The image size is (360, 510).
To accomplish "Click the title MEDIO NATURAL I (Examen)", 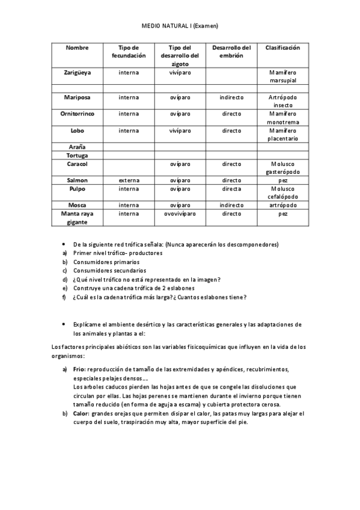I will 180,26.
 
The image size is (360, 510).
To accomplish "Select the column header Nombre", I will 77,48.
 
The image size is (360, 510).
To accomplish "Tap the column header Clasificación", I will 282,48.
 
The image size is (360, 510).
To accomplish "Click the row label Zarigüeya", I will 78,72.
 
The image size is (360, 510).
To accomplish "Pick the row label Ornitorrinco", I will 78,113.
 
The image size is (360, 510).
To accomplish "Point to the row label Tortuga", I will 77,155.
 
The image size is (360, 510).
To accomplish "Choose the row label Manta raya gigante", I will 77,217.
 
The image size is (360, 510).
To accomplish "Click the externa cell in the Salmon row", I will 129,180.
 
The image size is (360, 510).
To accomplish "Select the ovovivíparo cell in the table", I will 180,213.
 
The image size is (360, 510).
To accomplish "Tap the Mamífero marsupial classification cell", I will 282,76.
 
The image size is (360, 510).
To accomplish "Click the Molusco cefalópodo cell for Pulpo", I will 282,192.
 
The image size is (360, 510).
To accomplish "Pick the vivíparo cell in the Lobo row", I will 180,130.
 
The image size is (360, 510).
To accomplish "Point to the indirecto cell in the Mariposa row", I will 231,97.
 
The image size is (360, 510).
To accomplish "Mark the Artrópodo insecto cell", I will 282,100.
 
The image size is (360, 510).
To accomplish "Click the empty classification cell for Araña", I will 282,147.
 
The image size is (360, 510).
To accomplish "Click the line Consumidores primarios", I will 106,262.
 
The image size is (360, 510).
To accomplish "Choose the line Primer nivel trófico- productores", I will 118,253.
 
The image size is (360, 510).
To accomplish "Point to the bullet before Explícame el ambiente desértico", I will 63,324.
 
